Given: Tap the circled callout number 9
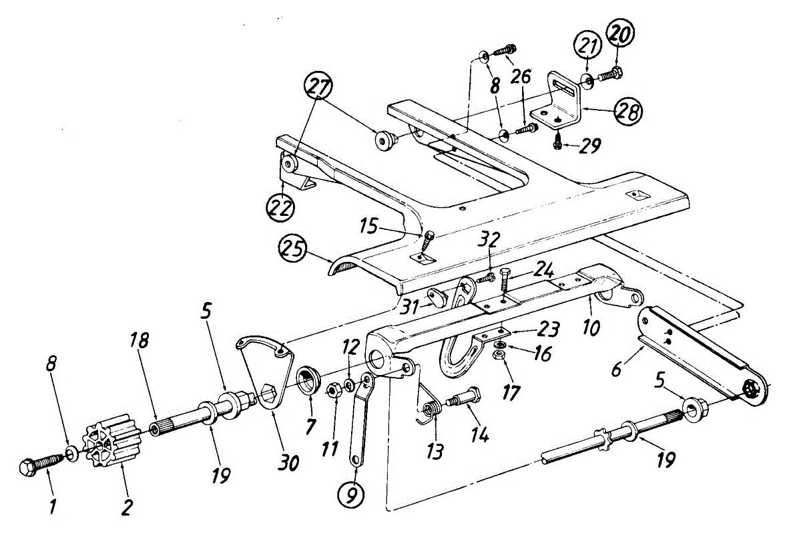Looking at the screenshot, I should coord(351,495).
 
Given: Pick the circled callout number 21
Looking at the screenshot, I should coord(587,49).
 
